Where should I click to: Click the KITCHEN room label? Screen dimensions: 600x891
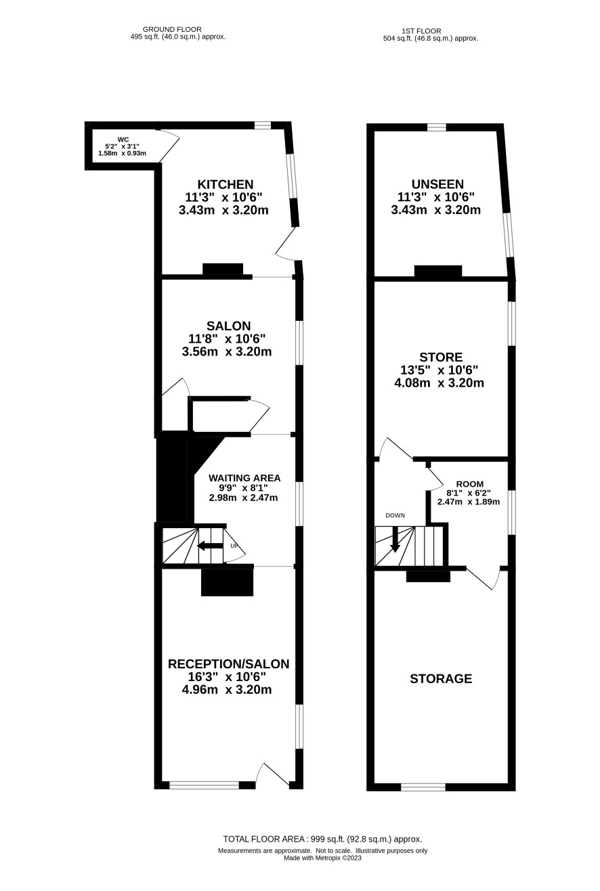[x=226, y=184]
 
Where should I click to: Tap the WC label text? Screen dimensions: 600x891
[x=123, y=139]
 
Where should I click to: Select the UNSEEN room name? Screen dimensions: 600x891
[x=437, y=184]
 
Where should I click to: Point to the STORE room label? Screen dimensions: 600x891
[x=441, y=357]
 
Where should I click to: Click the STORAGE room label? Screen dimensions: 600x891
[x=441, y=678]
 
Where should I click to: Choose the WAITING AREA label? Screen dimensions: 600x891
[x=244, y=478]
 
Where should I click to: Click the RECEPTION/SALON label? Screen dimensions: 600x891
[x=228, y=664]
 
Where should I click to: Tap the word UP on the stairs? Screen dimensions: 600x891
[x=234, y=546]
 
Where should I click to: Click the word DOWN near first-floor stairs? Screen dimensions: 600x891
[x=395, y=515]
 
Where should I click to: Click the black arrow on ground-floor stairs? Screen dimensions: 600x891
[x=210, y=546]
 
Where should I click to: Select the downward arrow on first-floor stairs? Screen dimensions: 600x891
[x=394, y=540]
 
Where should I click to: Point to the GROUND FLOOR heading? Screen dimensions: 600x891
[x=172, y=29]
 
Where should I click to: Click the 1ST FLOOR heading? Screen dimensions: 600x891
[x=421, y=31]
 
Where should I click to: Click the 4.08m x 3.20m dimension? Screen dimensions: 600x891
[x=439, y=383]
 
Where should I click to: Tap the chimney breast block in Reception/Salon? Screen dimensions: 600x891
[x=227, y=582]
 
